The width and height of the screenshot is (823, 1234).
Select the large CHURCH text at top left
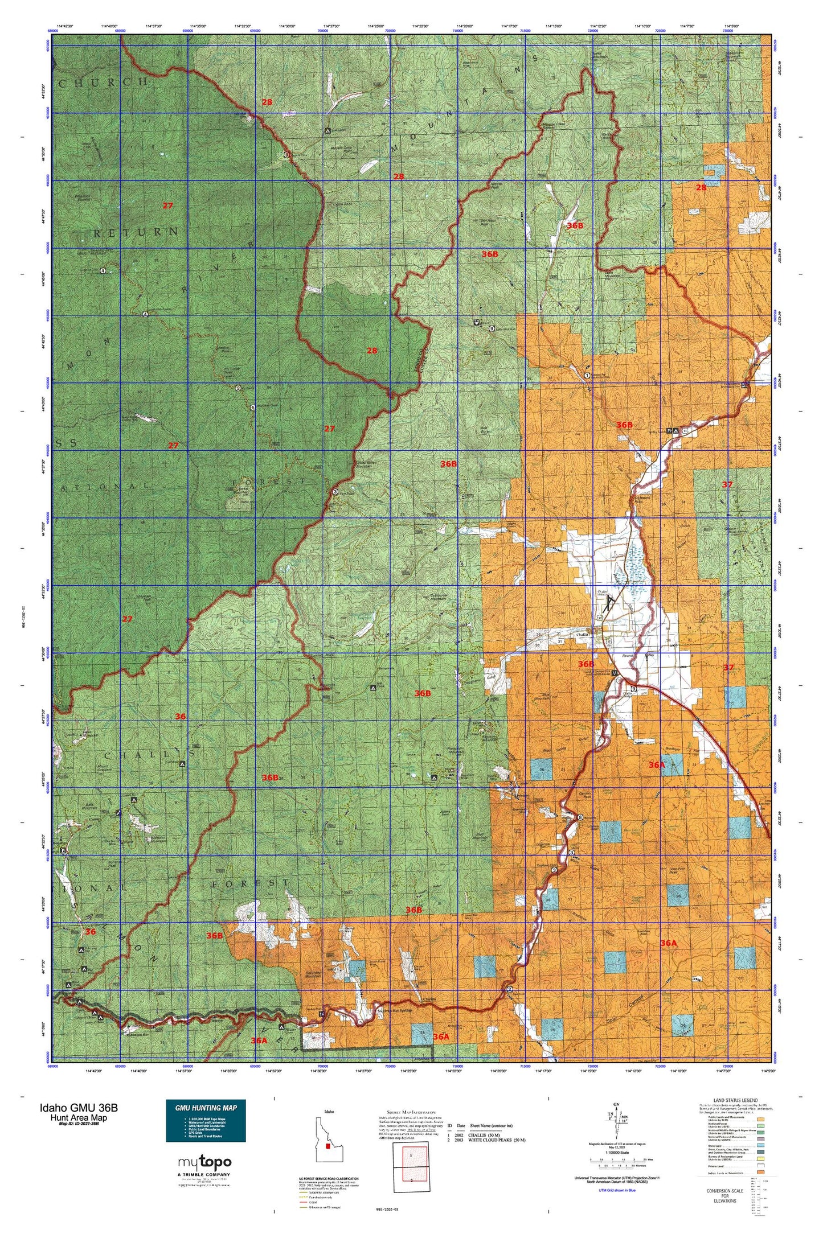(103, 82)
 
